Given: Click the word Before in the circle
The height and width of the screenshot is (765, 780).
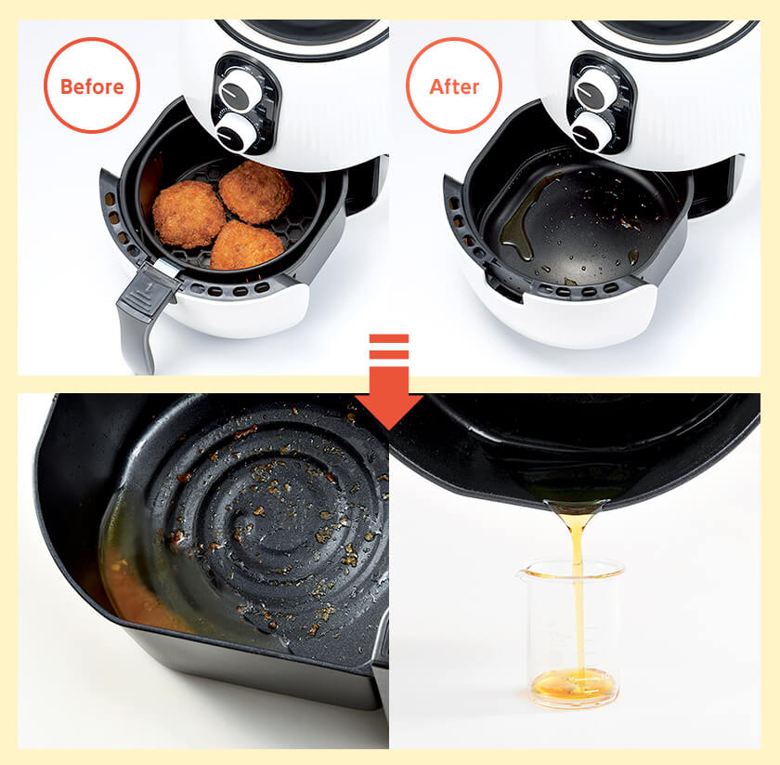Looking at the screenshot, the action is tap(92, 86).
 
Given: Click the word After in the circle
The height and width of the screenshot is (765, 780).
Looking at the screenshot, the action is tap(454, 86).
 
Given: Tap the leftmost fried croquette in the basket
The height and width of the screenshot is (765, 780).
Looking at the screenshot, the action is tap(188, 214).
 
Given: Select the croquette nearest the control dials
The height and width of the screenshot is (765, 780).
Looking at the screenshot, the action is tap(255, 191).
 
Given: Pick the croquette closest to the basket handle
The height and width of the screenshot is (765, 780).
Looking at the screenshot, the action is tap(247, 245).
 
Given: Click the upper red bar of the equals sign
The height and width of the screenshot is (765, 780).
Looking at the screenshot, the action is tap(389, 338).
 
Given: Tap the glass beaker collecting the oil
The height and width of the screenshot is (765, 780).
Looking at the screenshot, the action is tap(572, 634).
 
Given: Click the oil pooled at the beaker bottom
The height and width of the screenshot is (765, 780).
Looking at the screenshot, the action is tap(573, 686).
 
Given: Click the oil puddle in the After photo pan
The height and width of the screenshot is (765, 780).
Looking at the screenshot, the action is tap(524, 219).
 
